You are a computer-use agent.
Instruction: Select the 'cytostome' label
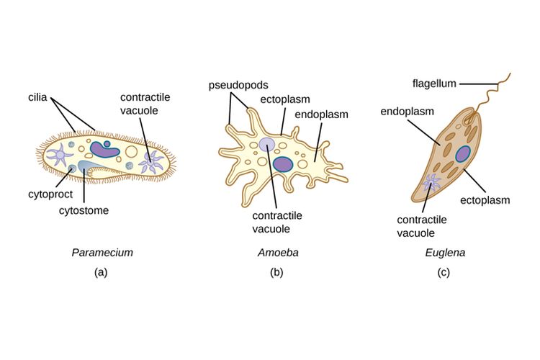click(85, 210)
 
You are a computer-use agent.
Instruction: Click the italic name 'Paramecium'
click(102, 253)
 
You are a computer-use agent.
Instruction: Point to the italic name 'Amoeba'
click(278, 253)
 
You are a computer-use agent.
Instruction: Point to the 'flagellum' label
click(434, 84)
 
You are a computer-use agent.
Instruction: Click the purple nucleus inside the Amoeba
click(283, 163)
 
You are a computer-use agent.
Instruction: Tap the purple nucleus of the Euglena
click(463, 153)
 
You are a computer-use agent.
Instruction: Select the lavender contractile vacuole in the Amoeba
click(267, 145)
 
